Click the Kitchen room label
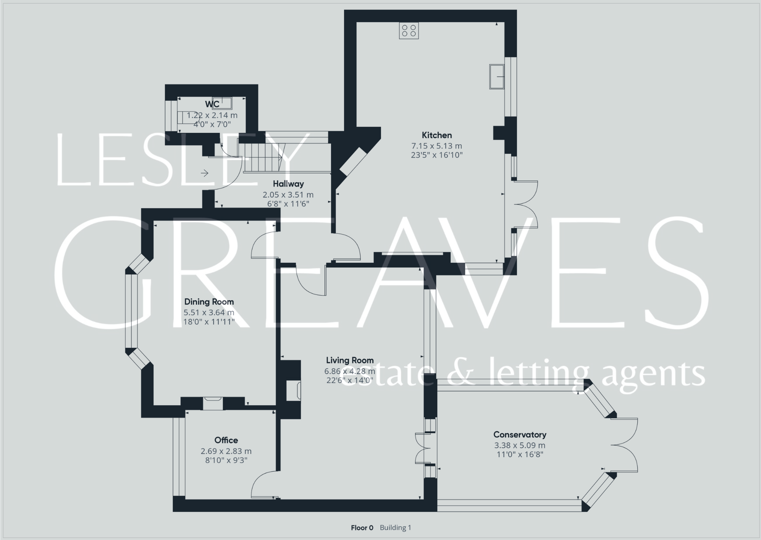click(436, 135)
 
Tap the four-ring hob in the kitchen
click(409, 31)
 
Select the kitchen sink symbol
click(497, 77)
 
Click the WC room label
click(212, 104)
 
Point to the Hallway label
click(288, 184)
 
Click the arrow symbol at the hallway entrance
click(205, 173)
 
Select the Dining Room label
click(209, 302)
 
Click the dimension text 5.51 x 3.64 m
click(209, 312)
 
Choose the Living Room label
click(350, 360)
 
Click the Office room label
click(226, 440)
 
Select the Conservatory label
click(520, 435)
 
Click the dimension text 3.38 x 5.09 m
click(520, 445)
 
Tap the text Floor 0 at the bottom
click(362, 528)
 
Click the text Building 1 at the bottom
click(395, 528)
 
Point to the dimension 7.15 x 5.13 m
click(436, 146)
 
